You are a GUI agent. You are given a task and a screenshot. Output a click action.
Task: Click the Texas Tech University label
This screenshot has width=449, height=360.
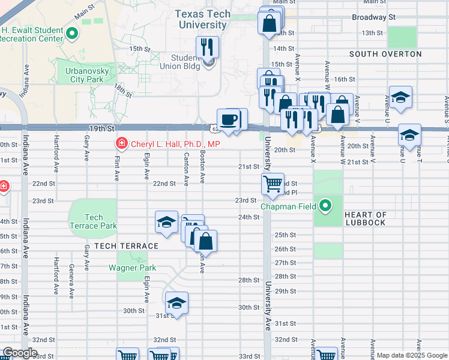202,19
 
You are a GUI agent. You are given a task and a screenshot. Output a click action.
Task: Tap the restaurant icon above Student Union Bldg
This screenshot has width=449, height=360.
208,46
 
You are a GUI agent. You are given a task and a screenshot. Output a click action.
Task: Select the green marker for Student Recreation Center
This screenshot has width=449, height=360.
72,34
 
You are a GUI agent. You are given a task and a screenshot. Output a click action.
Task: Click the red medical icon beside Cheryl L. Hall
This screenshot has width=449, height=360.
121,144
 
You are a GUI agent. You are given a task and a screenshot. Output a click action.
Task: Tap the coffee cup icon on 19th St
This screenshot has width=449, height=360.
228,119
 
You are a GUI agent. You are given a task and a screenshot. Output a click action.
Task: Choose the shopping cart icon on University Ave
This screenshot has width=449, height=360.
273,184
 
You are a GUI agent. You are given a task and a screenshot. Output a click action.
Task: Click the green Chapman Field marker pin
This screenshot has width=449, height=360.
325,206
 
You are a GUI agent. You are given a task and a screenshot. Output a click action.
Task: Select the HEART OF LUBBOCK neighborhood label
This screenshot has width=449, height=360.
366,218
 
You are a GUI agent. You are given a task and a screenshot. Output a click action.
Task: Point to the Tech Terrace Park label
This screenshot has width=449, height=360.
94,221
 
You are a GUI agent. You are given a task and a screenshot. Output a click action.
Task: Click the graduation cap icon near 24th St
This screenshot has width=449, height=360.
166,222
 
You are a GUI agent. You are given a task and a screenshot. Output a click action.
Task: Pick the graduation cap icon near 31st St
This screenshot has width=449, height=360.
176,302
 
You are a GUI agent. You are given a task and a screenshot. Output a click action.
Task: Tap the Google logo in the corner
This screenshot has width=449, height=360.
20,353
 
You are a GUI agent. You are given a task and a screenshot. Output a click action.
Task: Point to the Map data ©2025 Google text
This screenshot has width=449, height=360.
411,355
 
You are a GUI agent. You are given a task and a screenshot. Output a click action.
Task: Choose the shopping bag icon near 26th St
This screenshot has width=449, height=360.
205,241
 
